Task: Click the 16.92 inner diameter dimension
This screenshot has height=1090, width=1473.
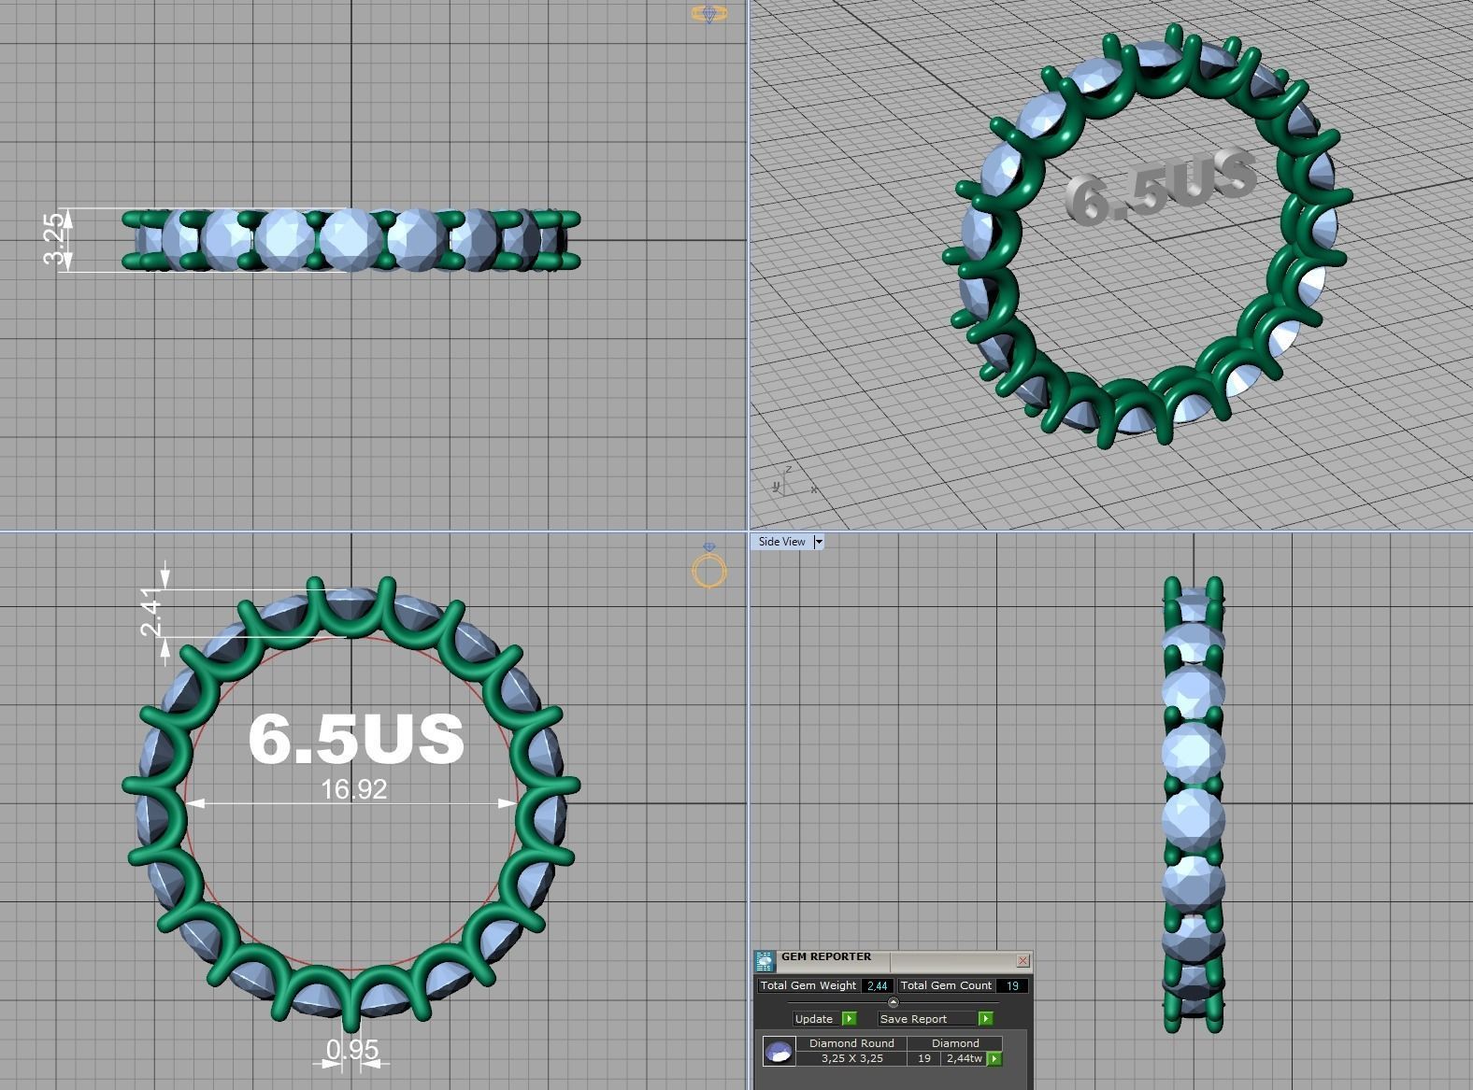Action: click(353, 789)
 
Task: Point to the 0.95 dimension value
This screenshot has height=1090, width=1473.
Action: click(352, 1050)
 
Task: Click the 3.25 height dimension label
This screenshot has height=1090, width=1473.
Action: click(55, 239)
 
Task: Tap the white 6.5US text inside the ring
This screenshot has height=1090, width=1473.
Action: click(356, 737)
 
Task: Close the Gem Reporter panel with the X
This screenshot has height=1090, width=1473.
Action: click(1023, 960)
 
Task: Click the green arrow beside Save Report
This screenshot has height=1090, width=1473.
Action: click(985, 1019)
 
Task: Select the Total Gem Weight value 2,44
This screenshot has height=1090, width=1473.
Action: click(877, 985)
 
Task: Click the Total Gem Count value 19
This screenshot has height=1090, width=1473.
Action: click(1011, 985)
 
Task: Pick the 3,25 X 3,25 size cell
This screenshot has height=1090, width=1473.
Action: click(851, 1058)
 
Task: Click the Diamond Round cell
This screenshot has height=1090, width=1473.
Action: click(851, 1043)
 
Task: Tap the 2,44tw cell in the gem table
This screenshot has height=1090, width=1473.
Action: click(963, 1058)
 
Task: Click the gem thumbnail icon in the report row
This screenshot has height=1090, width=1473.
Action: click(779, 1052)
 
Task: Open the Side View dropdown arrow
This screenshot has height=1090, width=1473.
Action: click(819, 542)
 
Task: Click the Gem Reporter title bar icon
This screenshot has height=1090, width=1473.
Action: click(765, 961)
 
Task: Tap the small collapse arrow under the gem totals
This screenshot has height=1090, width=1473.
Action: click(893, 1002)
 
